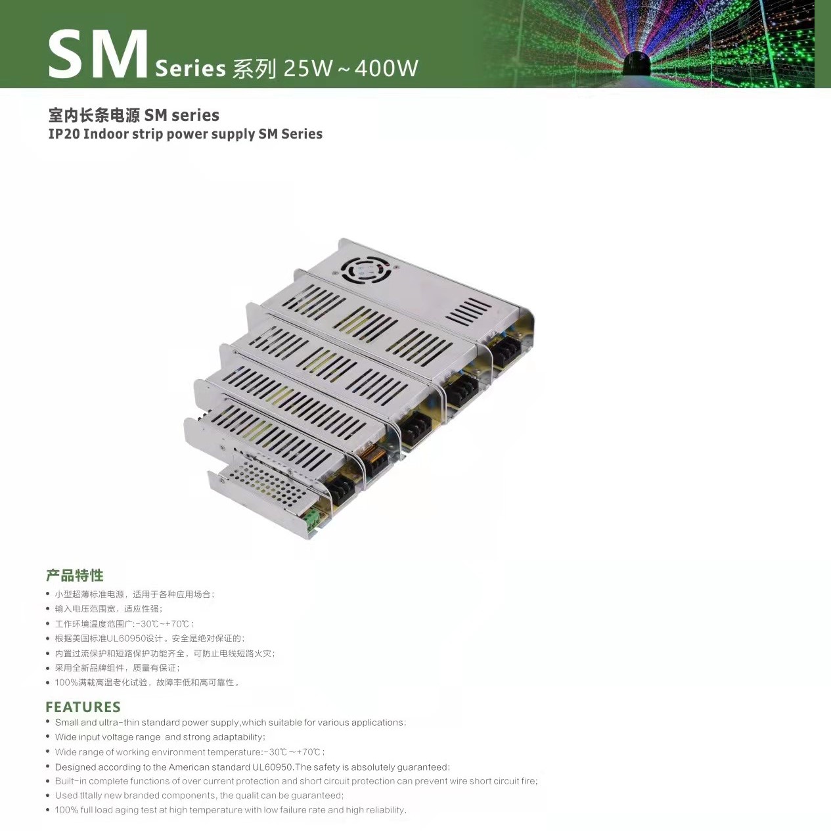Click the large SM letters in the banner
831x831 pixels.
pos(98,55)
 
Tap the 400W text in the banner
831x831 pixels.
pos(386,68)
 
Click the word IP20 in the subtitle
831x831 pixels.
pos(64,134)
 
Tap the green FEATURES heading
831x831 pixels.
pos(83,707)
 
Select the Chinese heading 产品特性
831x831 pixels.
pos(75,575)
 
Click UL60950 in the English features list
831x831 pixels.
pos(273,767)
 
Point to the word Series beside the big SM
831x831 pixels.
pos(190,68)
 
